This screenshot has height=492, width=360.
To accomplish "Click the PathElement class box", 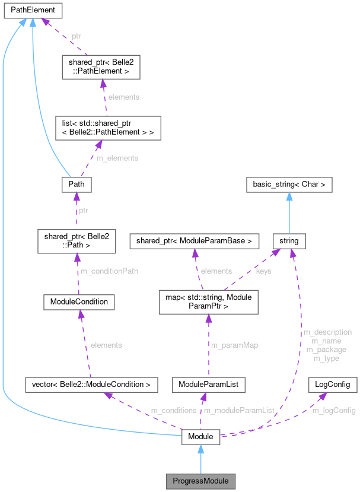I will pyautogui.click(x=31, y=10).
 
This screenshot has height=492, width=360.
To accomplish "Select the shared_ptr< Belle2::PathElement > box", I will pyautogui.click(x=101, y=69).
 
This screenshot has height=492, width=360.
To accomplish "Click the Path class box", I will pyautogui.click(x=77, y=185).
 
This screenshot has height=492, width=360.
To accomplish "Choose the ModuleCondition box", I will pyautogui.click(x=79, y=301).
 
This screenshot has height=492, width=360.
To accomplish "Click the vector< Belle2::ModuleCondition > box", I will pyautogui.click(x=91, y=385).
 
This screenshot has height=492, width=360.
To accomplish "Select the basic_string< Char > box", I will pyautogui.click(x=289, y=185).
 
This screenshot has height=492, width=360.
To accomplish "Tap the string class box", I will pyautogui.click(x=289, y=241).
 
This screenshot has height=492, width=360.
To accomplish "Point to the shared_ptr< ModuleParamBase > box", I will pyautogui.click(x=195, y=241).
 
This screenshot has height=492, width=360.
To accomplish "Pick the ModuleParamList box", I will pyautogui.click(x=208, y=385).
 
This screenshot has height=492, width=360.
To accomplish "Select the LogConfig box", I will pyautogui.click(x=332, y=385).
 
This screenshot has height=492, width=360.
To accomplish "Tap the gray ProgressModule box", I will pyautogui.click(x=200, y=480).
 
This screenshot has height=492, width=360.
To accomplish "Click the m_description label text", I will pyautogui.click(x=327, y=332).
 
